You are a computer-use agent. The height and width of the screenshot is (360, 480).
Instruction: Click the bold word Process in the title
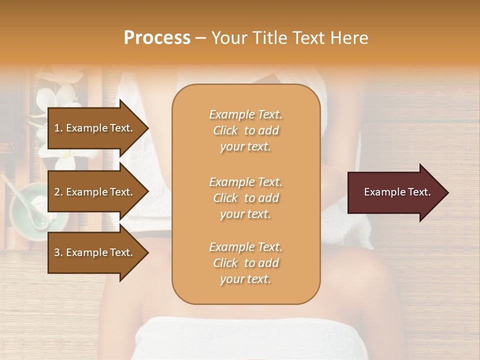pyautogui.click(x=157, y=38)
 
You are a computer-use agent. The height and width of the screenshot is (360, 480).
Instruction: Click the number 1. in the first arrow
pyautogui.click(x=58, y=128)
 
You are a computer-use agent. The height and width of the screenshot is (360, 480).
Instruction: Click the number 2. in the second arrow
pyautogui.click(x=58, y=192)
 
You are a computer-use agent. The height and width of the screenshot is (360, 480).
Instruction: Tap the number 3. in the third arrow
pyautogui.click(x=58, y=252)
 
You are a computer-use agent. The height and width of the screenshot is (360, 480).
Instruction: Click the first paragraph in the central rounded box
pyautogui.click(x=245, y=130)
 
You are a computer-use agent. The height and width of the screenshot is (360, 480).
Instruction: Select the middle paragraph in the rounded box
pyautogui.click(x=245, y=198)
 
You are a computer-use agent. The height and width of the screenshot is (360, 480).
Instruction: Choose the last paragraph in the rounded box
pyautogui.click(x=245, y=263)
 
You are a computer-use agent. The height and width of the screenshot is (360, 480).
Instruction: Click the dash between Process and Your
pyautogui.click(x=201, y=38)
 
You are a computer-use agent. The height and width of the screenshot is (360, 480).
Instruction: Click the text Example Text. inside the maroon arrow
pyautogui.click(x=397, y=192)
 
